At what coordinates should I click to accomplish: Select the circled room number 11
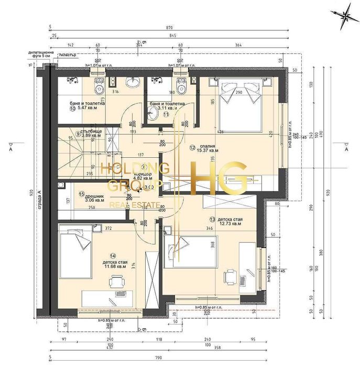click(166, 113)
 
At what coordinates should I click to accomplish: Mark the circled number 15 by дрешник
click(81, 193)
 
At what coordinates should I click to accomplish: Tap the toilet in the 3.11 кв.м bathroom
click(182, 83)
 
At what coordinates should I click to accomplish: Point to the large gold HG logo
click(220, 177)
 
